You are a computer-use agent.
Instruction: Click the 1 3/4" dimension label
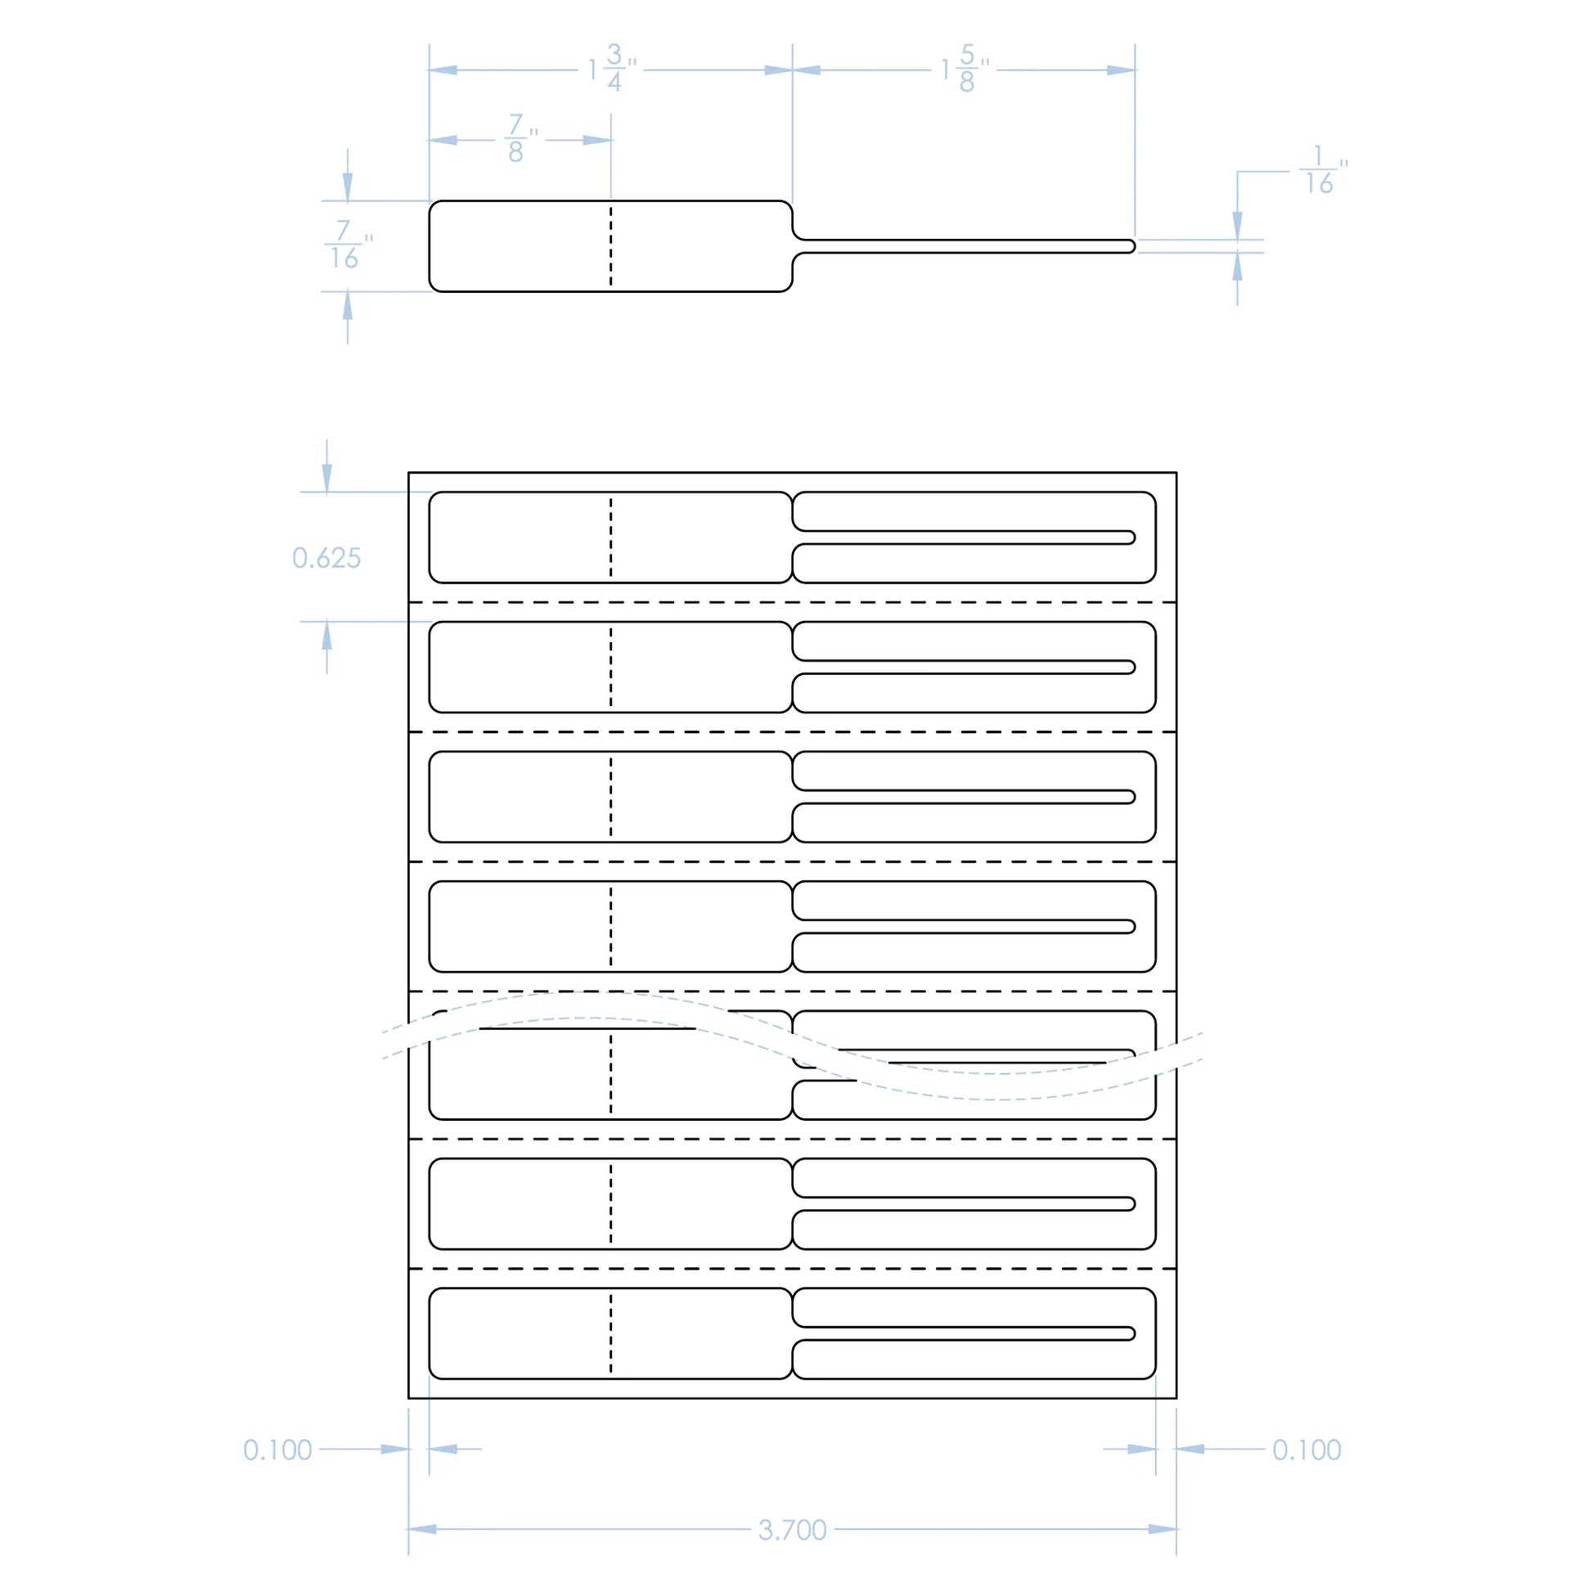tap(611, 70)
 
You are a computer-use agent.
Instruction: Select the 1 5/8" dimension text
tap(964, 70)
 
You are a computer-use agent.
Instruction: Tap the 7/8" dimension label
tap(519, 139)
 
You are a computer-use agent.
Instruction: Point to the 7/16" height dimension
tap(346, 245)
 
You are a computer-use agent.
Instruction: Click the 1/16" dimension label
tap(1321, 170)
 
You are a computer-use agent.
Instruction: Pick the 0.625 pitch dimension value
tap(326, 559)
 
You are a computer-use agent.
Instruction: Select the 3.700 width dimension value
tap(792, 1530)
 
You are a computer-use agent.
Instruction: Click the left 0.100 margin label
tap(277, 1450)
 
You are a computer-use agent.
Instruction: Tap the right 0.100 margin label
tap(1306, 1450)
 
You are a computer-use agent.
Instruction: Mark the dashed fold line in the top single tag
tap(610, 246)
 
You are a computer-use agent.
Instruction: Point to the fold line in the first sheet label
tap(610, 537)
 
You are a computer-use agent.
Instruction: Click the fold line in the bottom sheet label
tap(610, 1333)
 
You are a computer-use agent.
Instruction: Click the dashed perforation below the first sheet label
tap(792, 602)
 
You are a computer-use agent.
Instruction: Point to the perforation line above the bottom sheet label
tap(792, 1268)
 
